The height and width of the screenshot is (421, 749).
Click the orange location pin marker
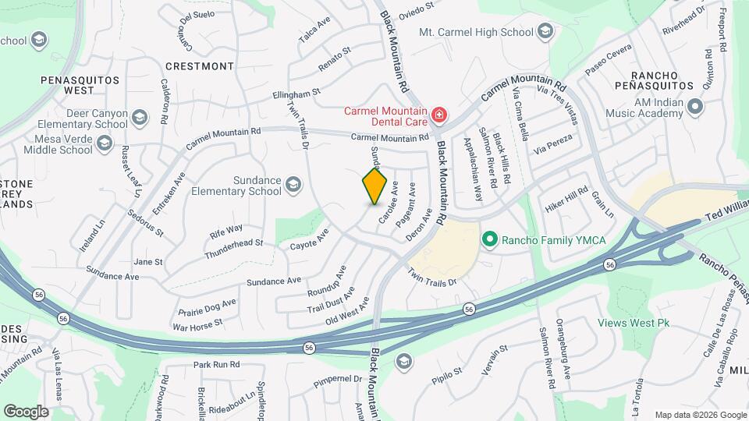[375, 186]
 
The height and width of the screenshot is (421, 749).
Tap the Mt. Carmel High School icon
[545, 32]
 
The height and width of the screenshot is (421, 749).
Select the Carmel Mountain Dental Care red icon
[439, 116]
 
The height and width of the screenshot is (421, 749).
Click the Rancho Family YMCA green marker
[490, 239]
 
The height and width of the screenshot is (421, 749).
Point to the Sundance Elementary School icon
[293, 185]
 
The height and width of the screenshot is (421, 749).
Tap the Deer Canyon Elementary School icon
[139, 119]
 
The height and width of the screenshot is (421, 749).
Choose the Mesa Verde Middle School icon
[105, 145]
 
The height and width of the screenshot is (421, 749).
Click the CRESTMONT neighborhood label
[199, 66]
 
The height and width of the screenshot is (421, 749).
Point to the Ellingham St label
[296, 93]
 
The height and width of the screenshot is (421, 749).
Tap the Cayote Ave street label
[310, 239]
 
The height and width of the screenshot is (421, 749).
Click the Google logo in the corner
[26, 411]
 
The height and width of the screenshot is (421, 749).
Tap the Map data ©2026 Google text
[701, 415]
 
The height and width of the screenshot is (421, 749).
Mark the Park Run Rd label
[216, 364]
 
